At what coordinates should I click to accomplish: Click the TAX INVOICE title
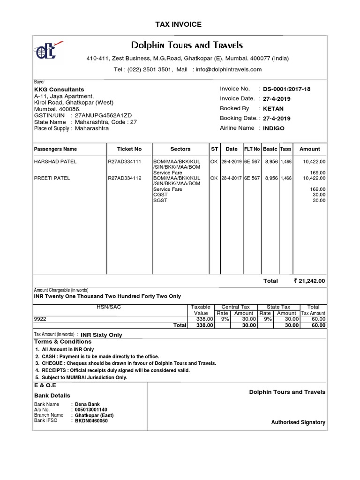coord(179,24)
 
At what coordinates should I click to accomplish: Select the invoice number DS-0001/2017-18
coord(287,89)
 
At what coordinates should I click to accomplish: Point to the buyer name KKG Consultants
coord(59,90)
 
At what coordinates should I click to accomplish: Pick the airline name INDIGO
coord(274,128)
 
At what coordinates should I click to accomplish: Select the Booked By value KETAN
coord(273,109)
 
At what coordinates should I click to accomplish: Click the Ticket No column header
coord(129,149)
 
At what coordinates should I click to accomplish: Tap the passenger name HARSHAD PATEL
coord(55,162)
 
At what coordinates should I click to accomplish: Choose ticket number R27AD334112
coord(124,178)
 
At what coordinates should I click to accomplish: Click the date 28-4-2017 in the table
coord(232,178)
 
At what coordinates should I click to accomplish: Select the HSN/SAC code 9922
coord(40,319)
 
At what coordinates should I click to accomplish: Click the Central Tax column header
coord(237,307)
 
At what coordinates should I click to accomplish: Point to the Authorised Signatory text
coord(298,422)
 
